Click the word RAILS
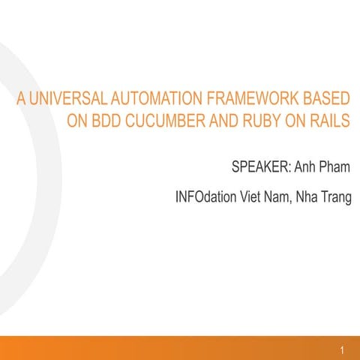coord(328,121)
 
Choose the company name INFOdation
coord(205,198)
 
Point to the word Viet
coord(253,198)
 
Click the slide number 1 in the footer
coord(341,350)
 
